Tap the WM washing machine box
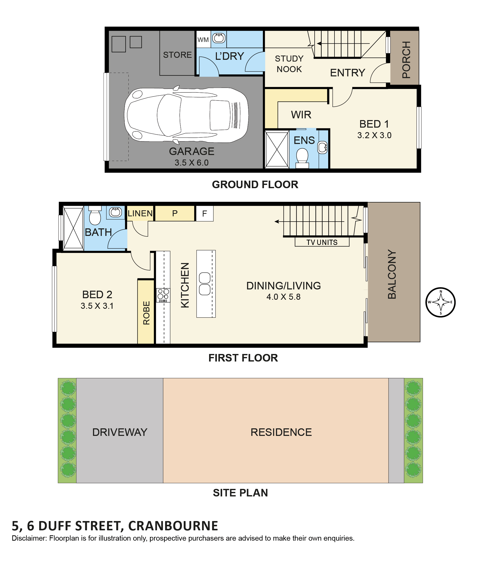pyautogui.click(x=203, y=40)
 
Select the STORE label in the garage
pyautogui.click(x=177, y=55)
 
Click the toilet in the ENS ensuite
pyautogui.click(x=302, y=158)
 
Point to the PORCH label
pyautogui.click(x=406, y=60)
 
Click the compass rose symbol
pyautogui.click(x=440, y=302)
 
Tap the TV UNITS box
pyautogui.click(x=322, y=242)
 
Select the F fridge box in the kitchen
pyautogui.click(x=204, y=213)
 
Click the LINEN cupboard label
pyautogui.click(x=140, y=213)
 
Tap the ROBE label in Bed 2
pyautogui.click(x=147, y=313)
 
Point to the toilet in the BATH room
pyautogui.click(x=95, y=215)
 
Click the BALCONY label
pyautogui.click(x=392, y=274)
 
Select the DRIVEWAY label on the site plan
pyautogui.click(x=120, y=432)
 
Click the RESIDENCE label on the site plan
pyautogui.click(x=281, y=432)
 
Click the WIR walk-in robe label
pyautogui.click(x=301, y=115)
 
